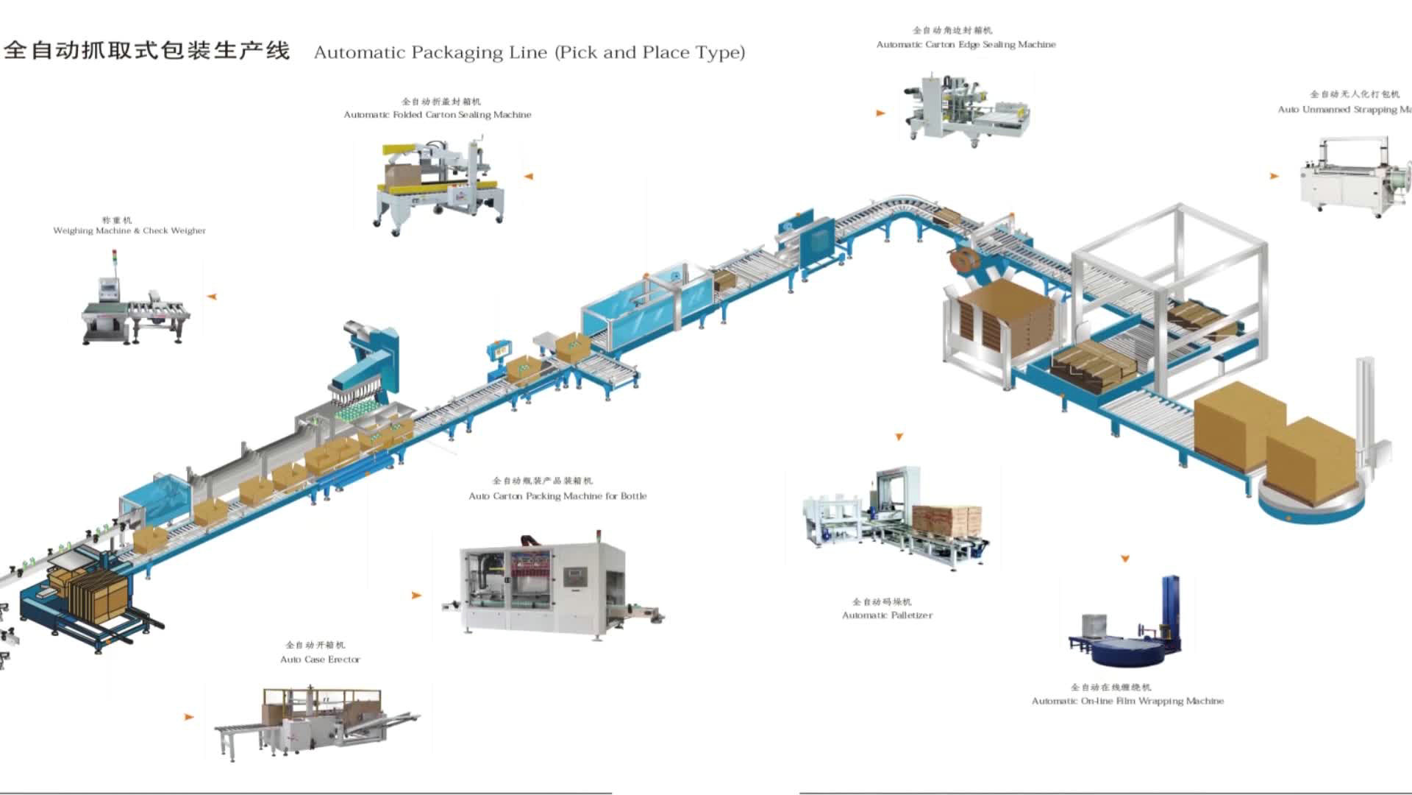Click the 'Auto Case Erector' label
pyautogui.click(x=320, y=660)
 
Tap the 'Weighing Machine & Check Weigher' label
pyautogui.click(x=129, y=230)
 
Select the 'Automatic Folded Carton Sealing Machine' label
pyautogui.click(x=437, y=115)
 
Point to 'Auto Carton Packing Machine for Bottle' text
pyautogui.click(x=557, y=496)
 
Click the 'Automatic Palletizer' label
pyautogui.click(x=887, y=615)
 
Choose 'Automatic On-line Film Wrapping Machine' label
pyautogui.click(x=1127, y=701)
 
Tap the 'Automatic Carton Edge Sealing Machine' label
pyautogui.click(x=966, y=45)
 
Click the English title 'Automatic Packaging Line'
pyautogui.click(x=529, y=52)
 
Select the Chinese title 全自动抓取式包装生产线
pyautogui.click(x=147, y=50)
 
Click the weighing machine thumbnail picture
pyautogui.click(x=136, y=302)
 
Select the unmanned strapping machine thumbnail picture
pyautogui.click(x=1353, y=177)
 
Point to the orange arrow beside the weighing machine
pyautogui.click(x=212, y=297)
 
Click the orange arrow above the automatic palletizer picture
pyautogui.click(x=899, y=437)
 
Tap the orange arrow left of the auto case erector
pyautogui.click(x=189, y=716)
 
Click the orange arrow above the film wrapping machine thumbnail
pyautogui.click(x=1124, y=559)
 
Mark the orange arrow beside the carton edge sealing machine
pyautogui.click(x=880, y=113)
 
